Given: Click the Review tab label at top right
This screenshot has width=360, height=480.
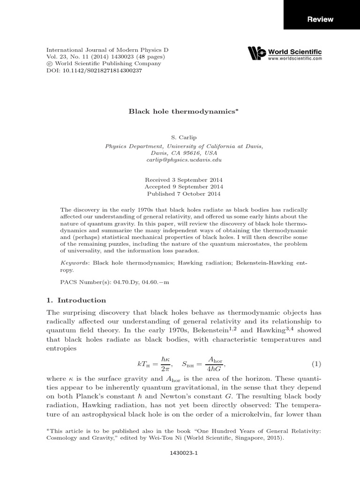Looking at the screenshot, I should point(320,19).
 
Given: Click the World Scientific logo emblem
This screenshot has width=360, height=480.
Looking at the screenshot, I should point(256,53).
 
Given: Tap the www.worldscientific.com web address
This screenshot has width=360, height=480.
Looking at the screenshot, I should point(295,59).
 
